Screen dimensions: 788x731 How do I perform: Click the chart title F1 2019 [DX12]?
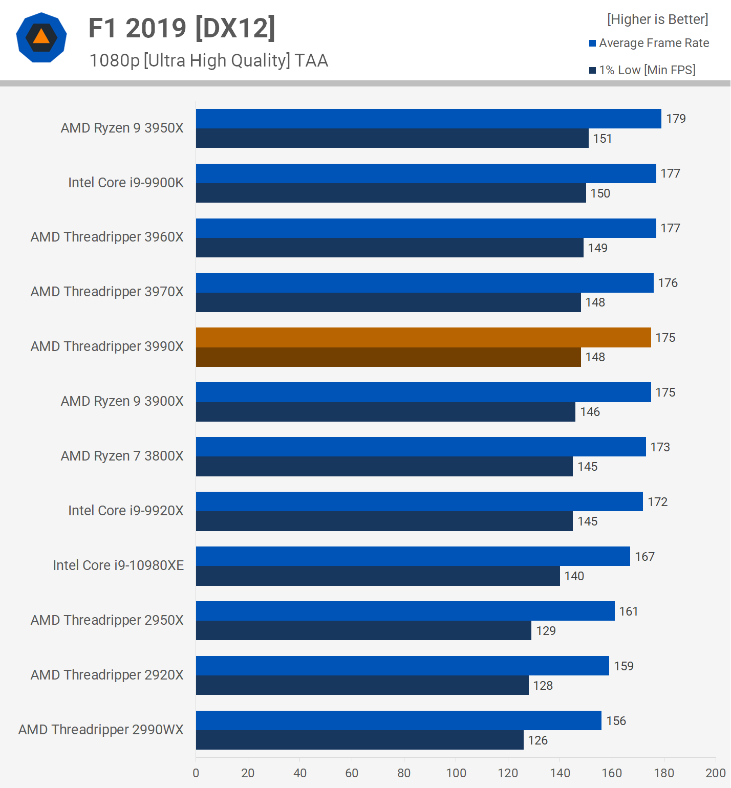182,28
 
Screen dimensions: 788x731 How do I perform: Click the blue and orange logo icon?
41,37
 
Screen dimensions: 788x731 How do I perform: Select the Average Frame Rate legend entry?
649,43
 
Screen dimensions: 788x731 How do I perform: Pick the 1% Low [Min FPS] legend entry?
642,70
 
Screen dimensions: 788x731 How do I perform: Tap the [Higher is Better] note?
657,19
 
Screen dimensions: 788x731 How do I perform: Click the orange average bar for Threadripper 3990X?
423,338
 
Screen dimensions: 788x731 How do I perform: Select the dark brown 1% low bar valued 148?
388,357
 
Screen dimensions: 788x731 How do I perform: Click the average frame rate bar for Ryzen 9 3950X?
428,119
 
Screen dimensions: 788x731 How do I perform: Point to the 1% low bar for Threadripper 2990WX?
359,740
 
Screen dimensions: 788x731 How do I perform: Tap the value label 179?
676,119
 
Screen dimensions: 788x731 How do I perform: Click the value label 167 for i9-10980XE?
644,557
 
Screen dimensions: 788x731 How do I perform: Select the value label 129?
546,631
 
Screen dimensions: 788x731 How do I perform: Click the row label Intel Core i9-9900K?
126,183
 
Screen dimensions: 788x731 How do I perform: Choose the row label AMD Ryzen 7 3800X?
122,456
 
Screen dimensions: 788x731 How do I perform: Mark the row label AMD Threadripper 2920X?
107,675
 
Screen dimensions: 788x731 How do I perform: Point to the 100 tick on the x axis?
456,773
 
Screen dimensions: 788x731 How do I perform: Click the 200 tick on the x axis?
715,773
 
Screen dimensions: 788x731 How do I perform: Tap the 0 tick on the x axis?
196,773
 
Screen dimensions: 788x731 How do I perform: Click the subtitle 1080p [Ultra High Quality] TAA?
208,60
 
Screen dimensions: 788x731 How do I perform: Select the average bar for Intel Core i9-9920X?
419,501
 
